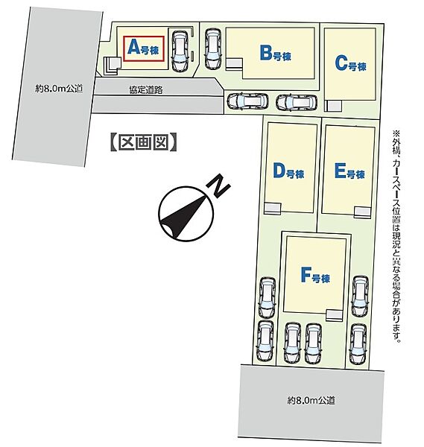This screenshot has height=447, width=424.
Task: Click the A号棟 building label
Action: tap(143, 48)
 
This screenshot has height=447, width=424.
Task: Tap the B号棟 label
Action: tap(276, 54)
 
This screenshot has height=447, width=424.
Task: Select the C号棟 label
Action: tap(350, 63)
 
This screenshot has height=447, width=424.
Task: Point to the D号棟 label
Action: tap(288, 171)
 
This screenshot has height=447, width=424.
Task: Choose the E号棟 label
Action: tap(349, 171)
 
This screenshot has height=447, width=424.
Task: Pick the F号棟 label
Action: tap(315, 275)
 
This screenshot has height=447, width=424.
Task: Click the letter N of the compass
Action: tap(219, 186)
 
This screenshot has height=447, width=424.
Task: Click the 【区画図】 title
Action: tap(143, 142)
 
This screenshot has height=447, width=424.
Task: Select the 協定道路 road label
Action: tap(146, 90)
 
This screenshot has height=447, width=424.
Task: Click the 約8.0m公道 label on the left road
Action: tap(59, 89)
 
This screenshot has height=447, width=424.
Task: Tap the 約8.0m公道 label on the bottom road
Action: tap(311, 401)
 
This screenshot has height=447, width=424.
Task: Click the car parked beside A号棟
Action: tap(180, 51)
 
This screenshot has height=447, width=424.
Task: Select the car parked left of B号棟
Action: tap(213, 49)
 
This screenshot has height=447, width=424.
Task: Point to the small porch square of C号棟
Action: tap(333, 106)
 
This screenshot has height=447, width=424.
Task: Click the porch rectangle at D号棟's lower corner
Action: tap(272, 209)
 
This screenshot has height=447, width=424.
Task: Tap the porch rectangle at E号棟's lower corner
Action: tap(362, 212)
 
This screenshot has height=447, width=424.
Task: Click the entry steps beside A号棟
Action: tap(111, 66)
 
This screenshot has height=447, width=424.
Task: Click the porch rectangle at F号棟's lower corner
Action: tap(334, 315)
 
